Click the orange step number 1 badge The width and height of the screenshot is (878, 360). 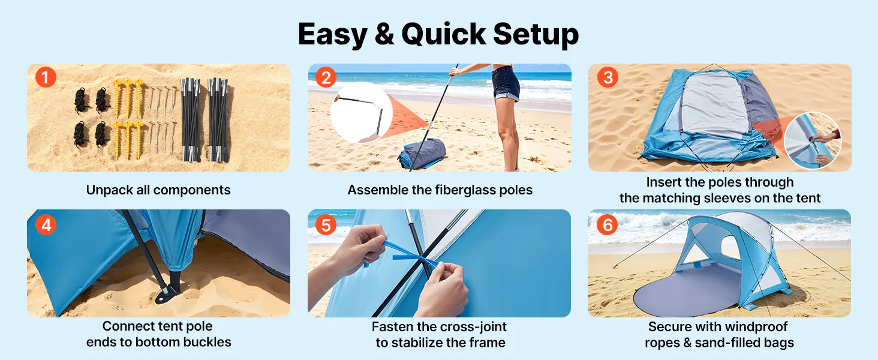(x=46, y=77)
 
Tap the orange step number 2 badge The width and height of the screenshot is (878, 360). (x=326, y=77)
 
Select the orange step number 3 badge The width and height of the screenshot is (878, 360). (x=608, y=77)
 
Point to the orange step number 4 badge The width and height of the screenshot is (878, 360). (x=46, y=225)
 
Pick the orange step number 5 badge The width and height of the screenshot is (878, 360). (x=326, y=225)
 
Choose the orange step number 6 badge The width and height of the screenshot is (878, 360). (x=607, y=225)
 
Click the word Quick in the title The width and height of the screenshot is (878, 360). (x=444, y=35)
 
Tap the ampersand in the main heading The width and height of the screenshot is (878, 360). (x=384, y=35)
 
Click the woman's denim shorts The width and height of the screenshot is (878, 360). (x=506, y=83)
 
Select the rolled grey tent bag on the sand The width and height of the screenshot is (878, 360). (x=423, y=154)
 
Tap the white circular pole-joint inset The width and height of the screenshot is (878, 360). (x=362, y=113)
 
